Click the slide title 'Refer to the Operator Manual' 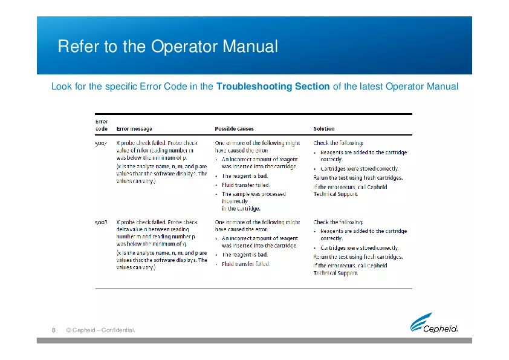[167, 47]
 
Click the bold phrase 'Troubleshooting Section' [273, 87]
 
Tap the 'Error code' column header [102, 125]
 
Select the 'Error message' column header [134, 129]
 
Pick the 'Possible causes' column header [235, 129]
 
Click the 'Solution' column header [323, 129]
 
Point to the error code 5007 [102, 143]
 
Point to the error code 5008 [102, 222]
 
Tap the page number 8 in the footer [53, 330]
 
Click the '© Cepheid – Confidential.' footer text [100, 330]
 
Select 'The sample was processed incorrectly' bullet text [254, 194]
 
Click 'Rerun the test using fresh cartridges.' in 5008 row [358, 257]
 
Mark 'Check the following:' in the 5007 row [338, 143]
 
